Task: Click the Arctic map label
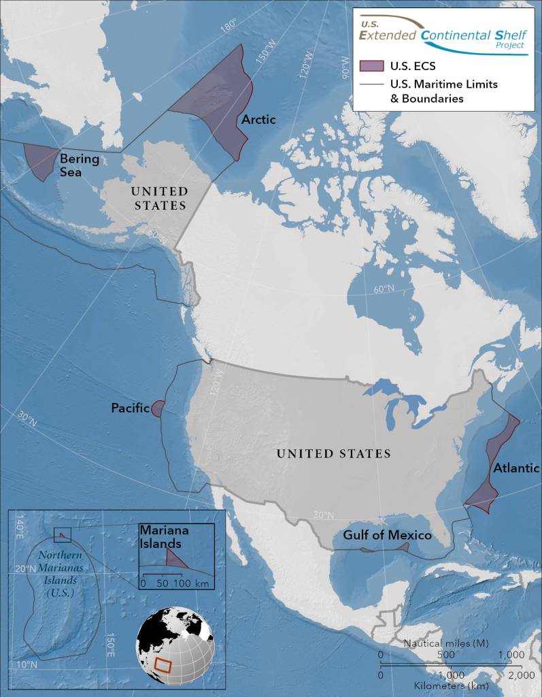coord(258,120)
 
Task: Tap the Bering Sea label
coord(80,165)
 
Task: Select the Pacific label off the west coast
coord(130,408)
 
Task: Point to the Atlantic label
coord(516,468)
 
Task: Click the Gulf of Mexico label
coord(387,536)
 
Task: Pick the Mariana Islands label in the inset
coord(160,536)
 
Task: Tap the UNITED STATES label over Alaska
coord(160,199)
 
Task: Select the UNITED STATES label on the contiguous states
coord(334,453)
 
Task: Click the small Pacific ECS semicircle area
coord(156,408)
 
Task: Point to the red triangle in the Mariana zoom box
coord(175,560)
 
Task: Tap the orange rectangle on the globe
coord(163,664)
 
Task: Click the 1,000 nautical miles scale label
coord(511,654)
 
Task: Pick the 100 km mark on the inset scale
coord(182,584)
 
